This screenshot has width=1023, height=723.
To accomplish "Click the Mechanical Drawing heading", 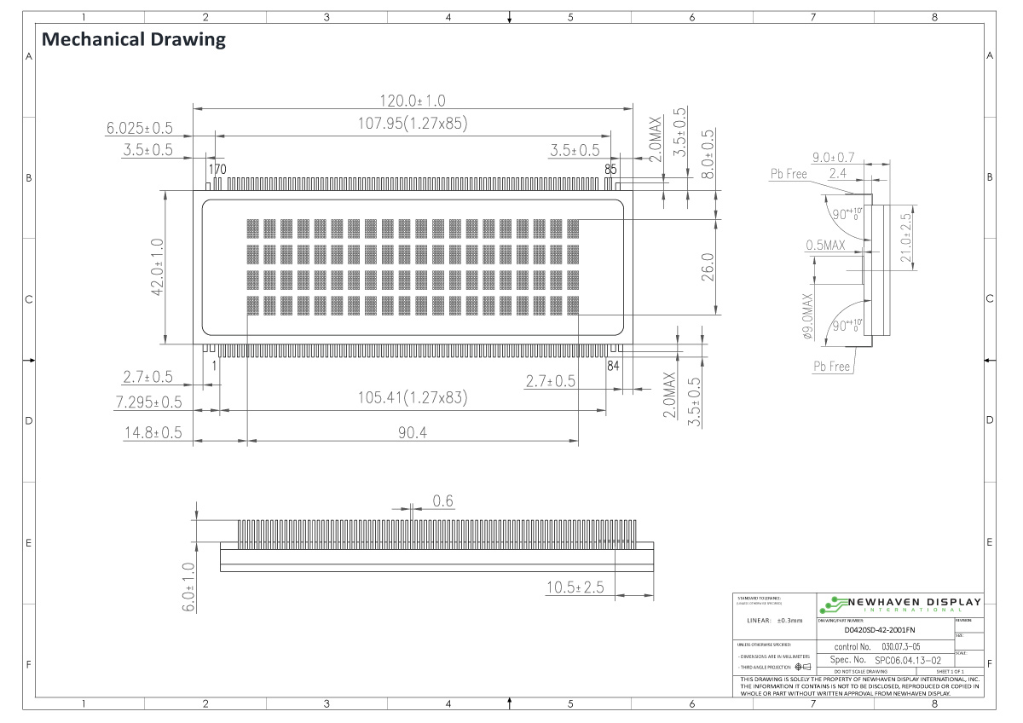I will pyautogui.click(x=134, y=39).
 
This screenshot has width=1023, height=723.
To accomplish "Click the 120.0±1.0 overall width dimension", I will pyautogui.click(x=413, y=101).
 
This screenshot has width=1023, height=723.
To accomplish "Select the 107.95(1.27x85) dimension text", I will pyautogui.click(x=413, y=124).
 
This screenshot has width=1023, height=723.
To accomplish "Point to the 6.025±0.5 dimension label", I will pyautogui.click(x=139, y=128).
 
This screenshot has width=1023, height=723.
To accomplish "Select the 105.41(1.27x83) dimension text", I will pyautogui.click(x=413, y=397).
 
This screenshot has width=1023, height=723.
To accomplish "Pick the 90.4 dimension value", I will pyautogui.click(x=413, y=433).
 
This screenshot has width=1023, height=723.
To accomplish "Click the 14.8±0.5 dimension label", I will pyautogui.click(x=153, y=432).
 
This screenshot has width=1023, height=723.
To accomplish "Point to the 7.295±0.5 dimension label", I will pyautogui.click(x=149, y=401).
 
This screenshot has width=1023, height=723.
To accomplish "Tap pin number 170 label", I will pyautogui.click(x=217, y=169).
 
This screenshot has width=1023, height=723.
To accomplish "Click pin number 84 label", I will pyautogui.click(x=612, y=366).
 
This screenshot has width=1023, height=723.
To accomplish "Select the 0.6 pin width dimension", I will pyautogui.click(x=442, y=501).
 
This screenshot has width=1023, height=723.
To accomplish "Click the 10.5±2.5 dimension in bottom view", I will pyautogui.click(x=575, y=587).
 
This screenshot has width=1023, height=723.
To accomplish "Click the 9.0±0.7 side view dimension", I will pyautogui.click(x=834, y=158).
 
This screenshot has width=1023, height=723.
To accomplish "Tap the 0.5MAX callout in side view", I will pyautogui.click(x=824, y=246).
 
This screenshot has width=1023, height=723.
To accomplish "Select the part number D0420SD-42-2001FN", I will pyautogui.click(x=876, y=630).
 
